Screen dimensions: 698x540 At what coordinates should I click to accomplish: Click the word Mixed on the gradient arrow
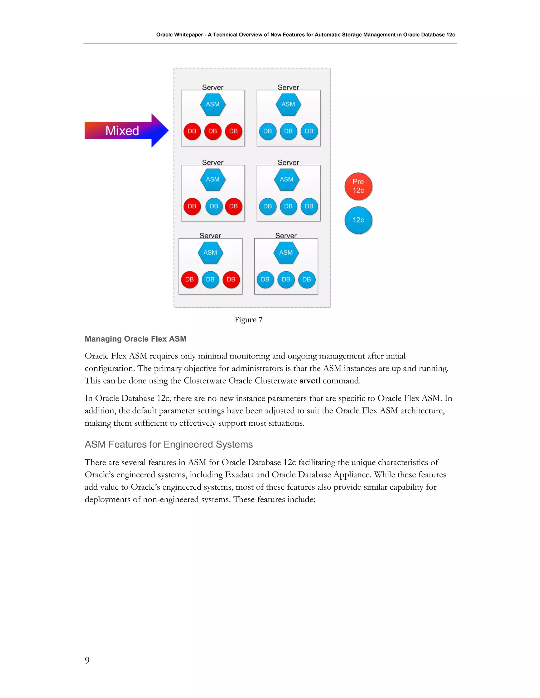pyautogui.click(x=122, y=131)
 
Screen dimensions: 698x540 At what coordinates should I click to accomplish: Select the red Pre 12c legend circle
pyautogui.click(x=358, y=186)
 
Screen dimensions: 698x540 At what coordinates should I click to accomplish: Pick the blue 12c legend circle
pyautogui.click(x=358, y=220)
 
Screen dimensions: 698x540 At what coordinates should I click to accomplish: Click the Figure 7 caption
pyautogui.click(x=249, y=320)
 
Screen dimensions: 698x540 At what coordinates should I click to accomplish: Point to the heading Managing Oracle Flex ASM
pyautogui.click(x=135, y=339)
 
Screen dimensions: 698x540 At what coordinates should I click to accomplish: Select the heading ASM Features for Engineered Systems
pyautogui.click(x=168, y=445)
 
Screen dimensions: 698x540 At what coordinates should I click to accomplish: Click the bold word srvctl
pyautogui.click(x=310, y=381)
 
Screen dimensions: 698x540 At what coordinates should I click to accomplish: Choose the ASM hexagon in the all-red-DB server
pyautogui.click(x=213, y=105)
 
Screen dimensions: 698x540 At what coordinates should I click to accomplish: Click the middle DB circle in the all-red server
pyautogui.click(x=213, y=131)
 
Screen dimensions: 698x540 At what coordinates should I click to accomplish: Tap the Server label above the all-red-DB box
pyautogui.click(x=213, y=87)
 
